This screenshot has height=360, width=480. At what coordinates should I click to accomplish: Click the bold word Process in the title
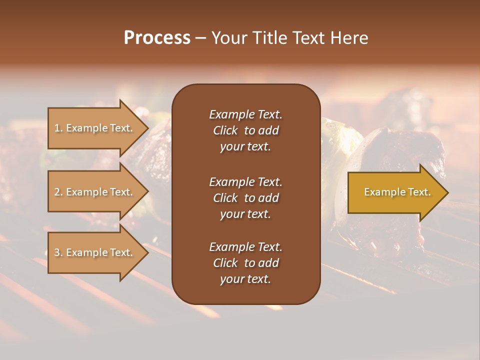157,38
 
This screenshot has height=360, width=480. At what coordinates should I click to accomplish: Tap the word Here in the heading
348,38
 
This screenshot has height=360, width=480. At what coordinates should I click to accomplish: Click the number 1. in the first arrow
58,128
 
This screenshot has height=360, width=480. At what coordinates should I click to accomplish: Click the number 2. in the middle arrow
58,192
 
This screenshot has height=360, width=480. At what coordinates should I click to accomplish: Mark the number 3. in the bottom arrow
58,252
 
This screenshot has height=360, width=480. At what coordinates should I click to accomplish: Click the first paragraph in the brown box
245,130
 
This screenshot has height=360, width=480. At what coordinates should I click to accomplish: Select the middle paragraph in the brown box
245,197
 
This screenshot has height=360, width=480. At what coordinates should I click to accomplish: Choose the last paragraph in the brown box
245,263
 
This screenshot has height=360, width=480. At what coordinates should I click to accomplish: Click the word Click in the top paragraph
225,130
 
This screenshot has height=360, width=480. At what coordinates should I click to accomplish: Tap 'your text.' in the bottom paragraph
245,279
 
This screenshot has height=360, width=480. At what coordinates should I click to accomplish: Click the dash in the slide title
200,38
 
